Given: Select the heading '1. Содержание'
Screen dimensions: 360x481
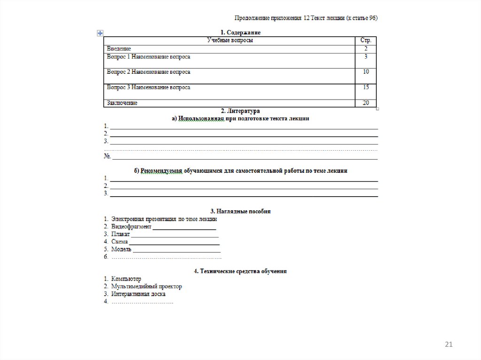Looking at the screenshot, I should coord(240,32).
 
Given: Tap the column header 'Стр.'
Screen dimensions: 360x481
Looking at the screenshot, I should coord(366,41).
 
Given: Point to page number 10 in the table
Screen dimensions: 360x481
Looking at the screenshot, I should coord(366,72).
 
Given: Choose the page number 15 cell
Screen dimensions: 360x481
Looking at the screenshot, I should coord(366,87).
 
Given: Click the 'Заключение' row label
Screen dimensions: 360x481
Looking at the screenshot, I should coord(122,103).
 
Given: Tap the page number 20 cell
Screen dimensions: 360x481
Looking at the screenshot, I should coord(366,103).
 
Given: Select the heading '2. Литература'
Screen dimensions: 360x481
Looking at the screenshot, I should coord(240,111).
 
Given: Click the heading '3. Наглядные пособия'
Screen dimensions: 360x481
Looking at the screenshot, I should coord(240,212).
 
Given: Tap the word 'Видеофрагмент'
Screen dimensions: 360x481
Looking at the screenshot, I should coord(132,226).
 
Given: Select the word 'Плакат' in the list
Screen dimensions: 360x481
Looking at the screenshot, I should coord(120,234).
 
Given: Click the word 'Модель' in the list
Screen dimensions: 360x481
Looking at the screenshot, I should coord(121,249).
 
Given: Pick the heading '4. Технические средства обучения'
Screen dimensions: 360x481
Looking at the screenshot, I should coord(240,271).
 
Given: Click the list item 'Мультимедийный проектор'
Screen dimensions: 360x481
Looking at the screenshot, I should coord(147,286).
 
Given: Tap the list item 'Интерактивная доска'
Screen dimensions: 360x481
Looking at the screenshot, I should coord(139,294).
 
